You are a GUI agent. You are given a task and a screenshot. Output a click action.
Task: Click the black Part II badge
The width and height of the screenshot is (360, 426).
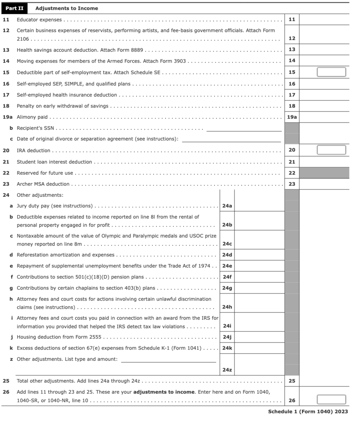click(14, 8)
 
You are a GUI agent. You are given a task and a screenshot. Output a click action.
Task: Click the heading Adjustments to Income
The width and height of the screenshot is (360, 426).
click(66, 8)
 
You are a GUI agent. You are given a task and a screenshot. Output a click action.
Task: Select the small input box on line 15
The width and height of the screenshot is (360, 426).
click(331, 72)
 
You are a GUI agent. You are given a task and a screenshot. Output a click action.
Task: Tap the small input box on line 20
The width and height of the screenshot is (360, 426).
click(331, 150)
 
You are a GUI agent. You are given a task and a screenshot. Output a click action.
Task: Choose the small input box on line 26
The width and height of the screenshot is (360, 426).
click(331, 399)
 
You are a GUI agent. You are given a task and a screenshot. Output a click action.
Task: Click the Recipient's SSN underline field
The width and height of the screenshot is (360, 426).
click(244, 128)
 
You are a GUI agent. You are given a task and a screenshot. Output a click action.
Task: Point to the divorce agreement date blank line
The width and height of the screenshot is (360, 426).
click(231, 139)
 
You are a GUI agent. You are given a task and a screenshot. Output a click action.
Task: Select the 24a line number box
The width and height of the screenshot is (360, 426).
click(227, 206)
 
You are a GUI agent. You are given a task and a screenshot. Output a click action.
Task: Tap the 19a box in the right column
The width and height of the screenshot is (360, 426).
click(292, 117)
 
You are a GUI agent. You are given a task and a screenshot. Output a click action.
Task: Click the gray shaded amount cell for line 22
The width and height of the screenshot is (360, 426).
click(324, 173)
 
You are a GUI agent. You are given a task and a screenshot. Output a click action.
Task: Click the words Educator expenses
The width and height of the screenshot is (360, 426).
click(39, 20)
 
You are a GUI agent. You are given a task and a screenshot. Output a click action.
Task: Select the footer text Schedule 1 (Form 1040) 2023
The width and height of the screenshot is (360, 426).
click(308, 411)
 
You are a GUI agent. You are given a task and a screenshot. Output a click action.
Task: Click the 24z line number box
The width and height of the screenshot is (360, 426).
click(227, 369)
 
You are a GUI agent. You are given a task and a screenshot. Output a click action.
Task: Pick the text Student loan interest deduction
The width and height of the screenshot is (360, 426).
click(54, 162)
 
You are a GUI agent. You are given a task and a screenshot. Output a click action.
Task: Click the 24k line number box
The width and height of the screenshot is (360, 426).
click(227, 348)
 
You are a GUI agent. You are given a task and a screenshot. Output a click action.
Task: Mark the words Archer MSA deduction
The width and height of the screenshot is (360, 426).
click(43, 184)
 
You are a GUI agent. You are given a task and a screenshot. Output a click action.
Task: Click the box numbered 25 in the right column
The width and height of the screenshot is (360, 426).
click(292, 381)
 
